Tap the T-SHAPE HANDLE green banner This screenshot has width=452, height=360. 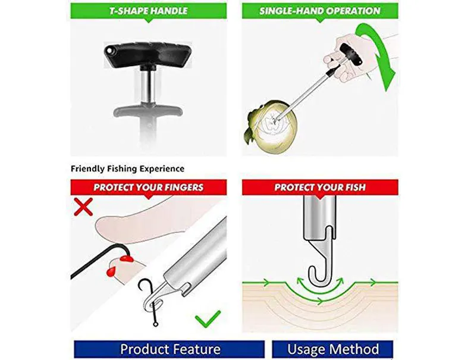click(x=148, y=11)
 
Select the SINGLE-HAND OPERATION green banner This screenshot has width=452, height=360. click(x=319, y=11)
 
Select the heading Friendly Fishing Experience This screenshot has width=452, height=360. click(x=127, y=169)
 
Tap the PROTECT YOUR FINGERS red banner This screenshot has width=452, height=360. click(x=148, y=187)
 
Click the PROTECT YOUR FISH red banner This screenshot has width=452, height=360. click(x=319, y=187)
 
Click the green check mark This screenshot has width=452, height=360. click(x=208, y=319)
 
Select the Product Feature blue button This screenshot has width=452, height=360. click(x=169, y=349)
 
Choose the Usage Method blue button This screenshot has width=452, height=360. click(x=332, y=349)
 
